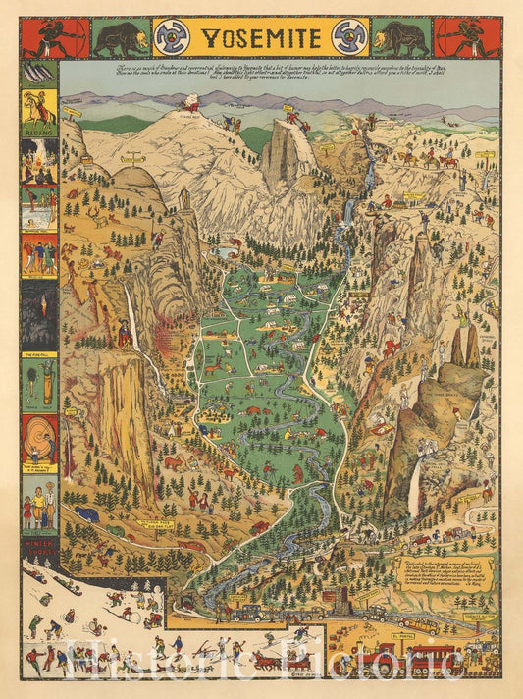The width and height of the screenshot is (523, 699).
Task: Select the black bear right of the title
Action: [400, 37]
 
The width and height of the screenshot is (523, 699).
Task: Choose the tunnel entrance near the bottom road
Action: [185, 600]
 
